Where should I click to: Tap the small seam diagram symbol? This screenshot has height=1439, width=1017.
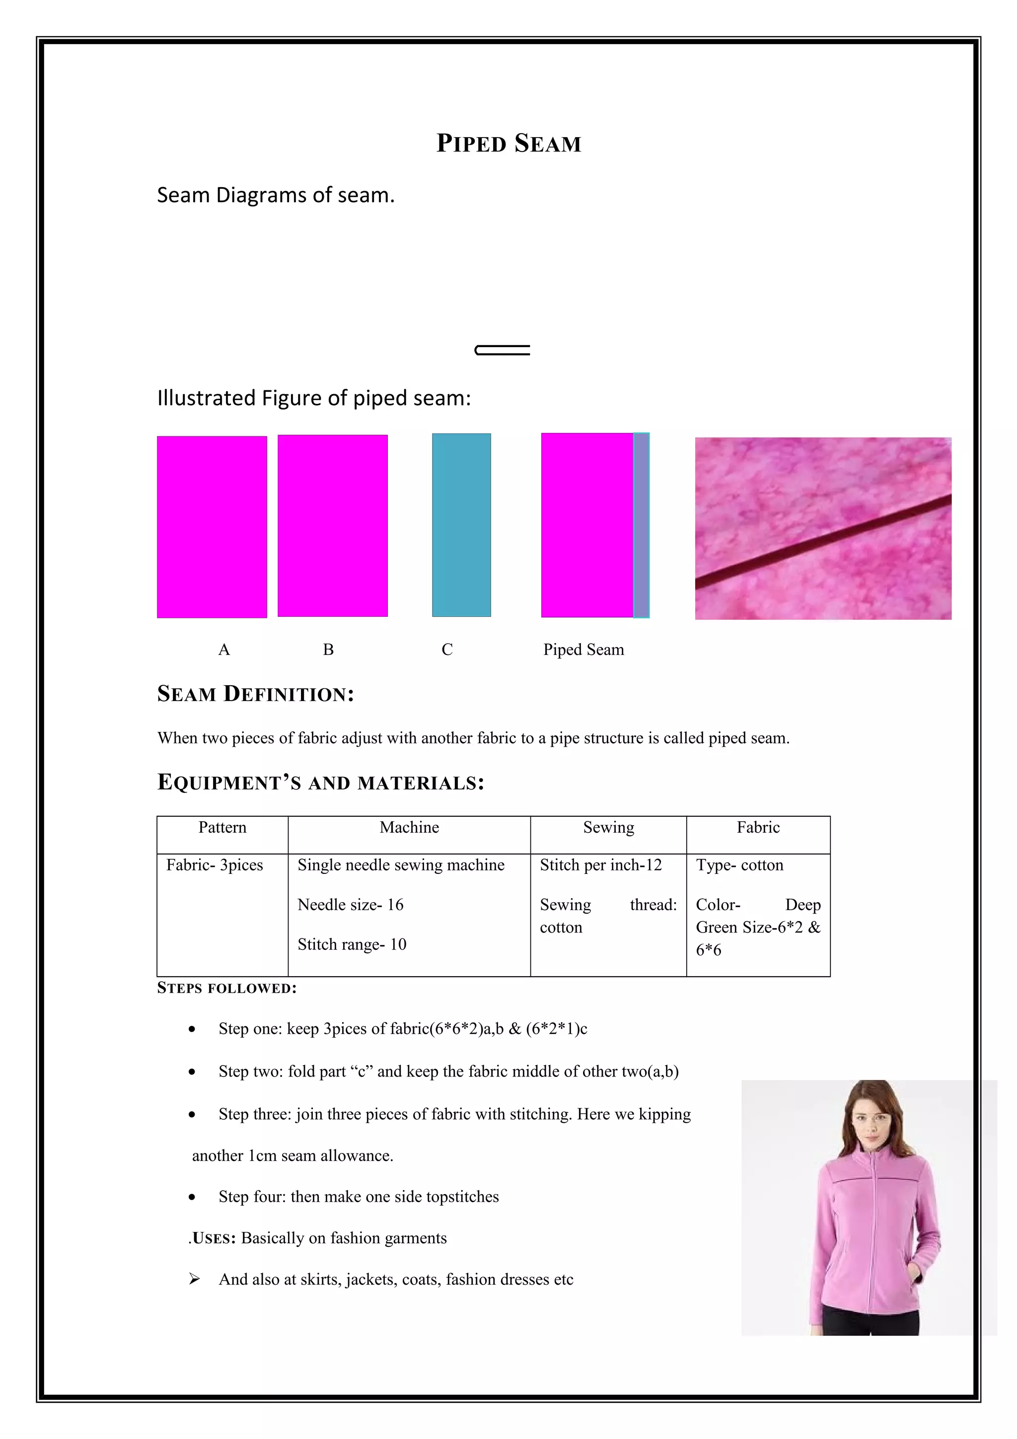click(x=503, y=350)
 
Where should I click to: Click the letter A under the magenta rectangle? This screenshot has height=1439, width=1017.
click(x=223, y=650)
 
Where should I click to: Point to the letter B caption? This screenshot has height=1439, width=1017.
click(x=328, y=650)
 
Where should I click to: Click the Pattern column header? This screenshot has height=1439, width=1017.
click(x=222, y=827)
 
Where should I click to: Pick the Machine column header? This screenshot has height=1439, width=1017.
click(x=409, y=827)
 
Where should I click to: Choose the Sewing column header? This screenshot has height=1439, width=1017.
click(x=608, y=827)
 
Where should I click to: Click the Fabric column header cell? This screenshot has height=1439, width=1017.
click(x=758, y=827)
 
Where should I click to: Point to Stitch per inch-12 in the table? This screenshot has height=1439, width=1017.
click(x=600, y=865)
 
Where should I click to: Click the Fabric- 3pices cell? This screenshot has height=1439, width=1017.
click(x=215, y=865)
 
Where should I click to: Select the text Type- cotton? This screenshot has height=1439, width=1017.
click(x=739, y=865)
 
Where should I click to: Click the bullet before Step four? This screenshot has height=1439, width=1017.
click(x=192, y=1197)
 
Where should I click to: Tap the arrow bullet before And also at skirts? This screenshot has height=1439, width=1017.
click(x=194, y=1279)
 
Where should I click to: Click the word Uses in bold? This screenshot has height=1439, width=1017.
click(x=213, y=1238)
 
